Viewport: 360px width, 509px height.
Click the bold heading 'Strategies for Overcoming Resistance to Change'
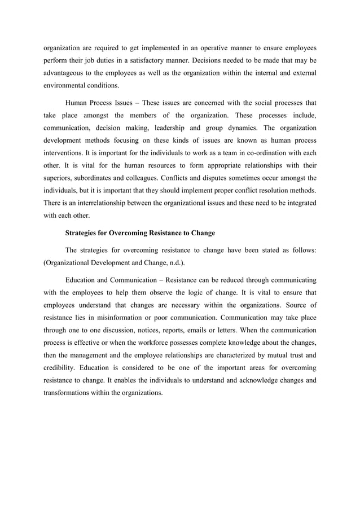point(140,232)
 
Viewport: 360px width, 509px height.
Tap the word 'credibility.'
point(63,370)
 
